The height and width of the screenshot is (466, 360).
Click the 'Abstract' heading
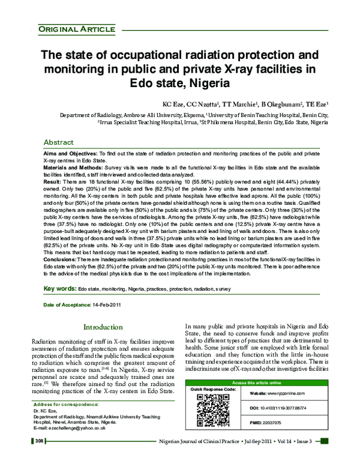pos(62,142)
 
